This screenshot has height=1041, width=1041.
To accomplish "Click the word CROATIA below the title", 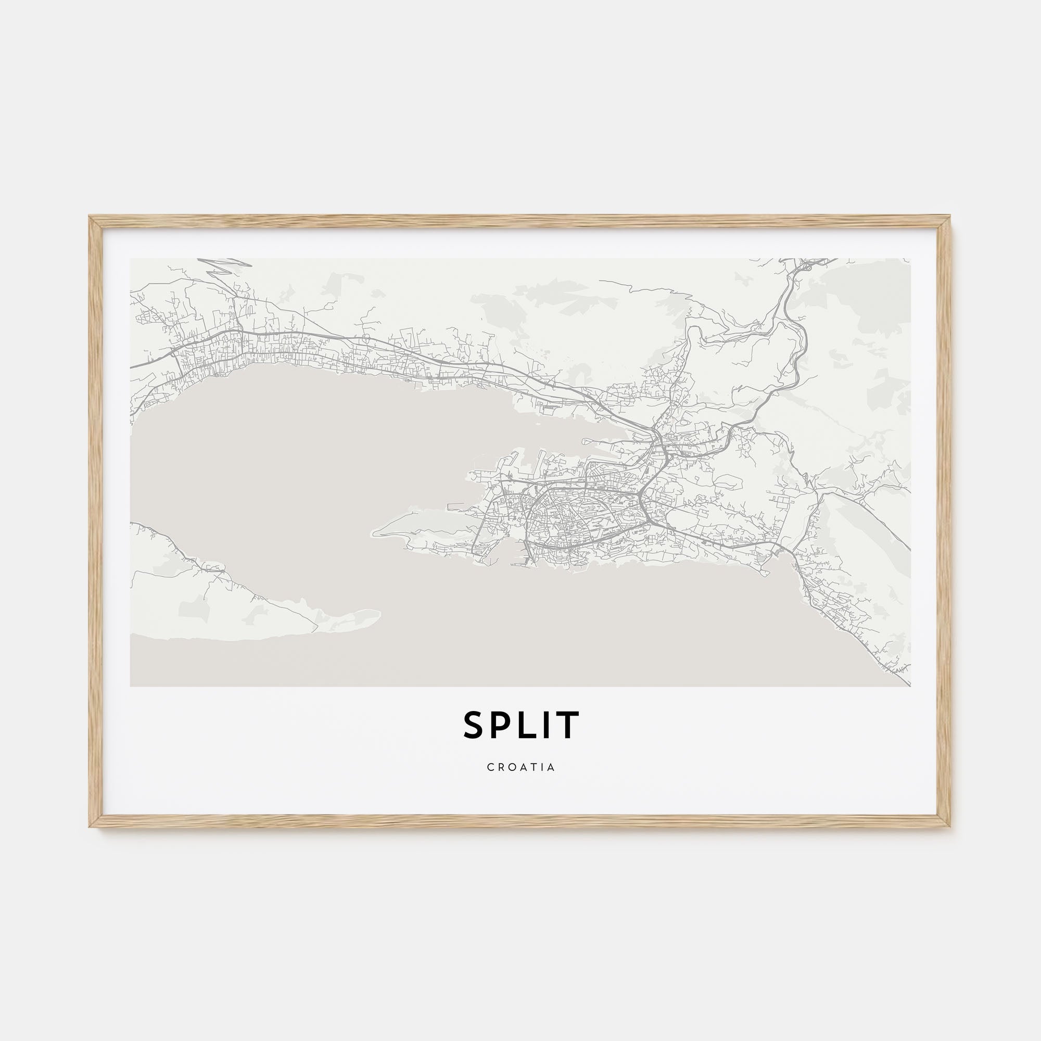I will [520, 767].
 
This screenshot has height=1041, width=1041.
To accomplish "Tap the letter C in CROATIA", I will [490, 767].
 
